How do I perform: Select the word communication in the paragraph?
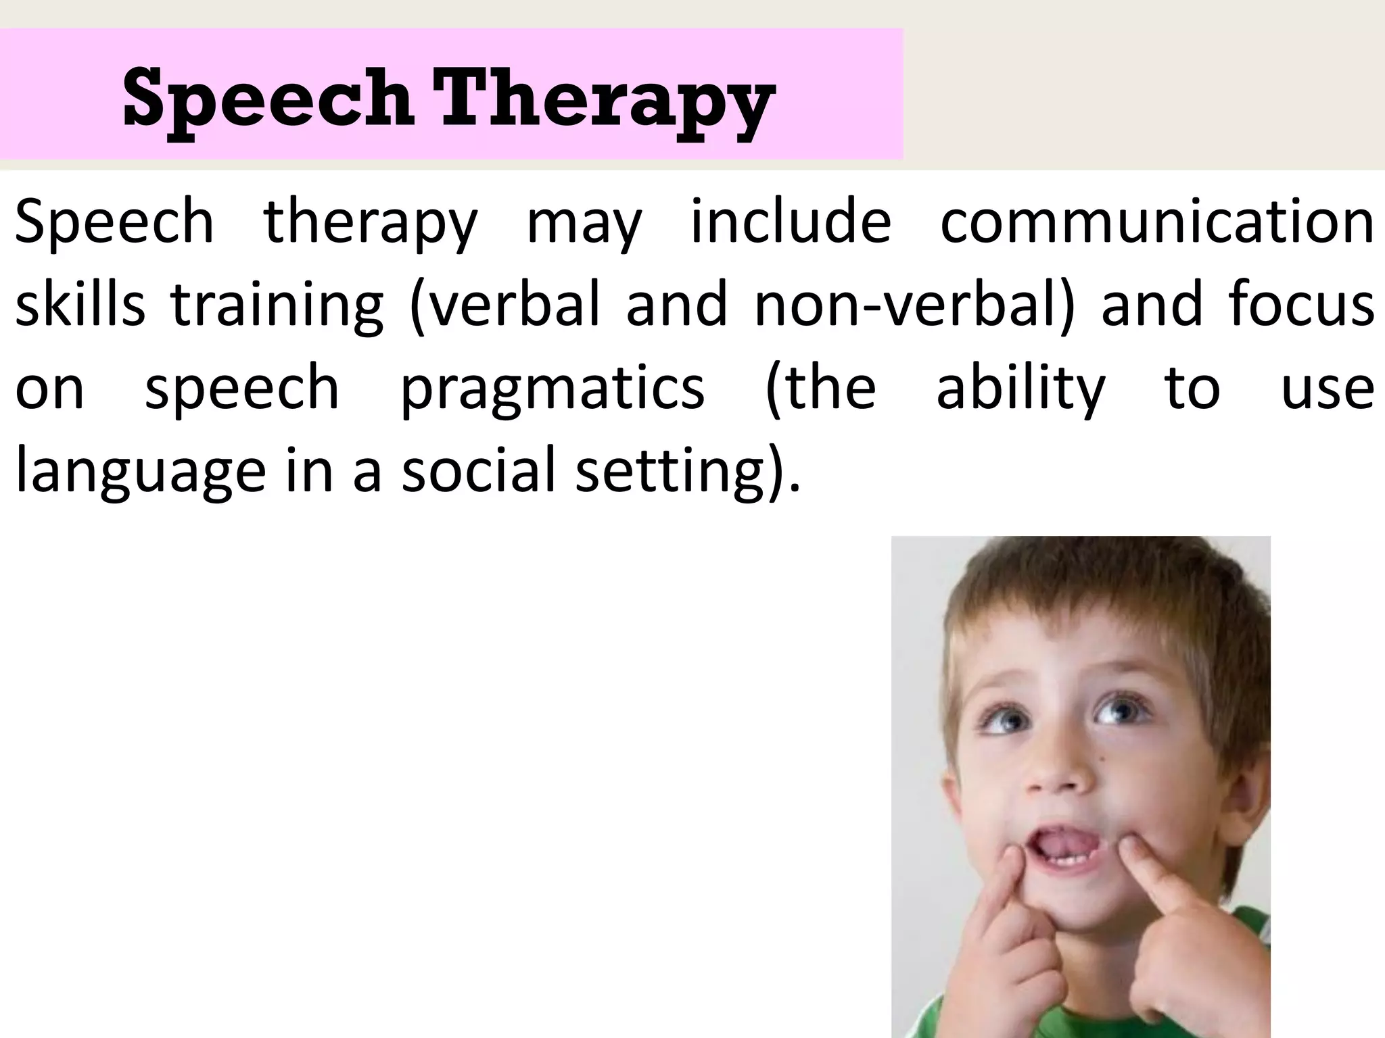(x=1156, y=222)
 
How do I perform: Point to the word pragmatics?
(x=553, y=389)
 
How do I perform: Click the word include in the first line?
(x=790, y=222)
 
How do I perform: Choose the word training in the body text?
(x=277, y=305)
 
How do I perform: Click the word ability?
(x=1020, y=389)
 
